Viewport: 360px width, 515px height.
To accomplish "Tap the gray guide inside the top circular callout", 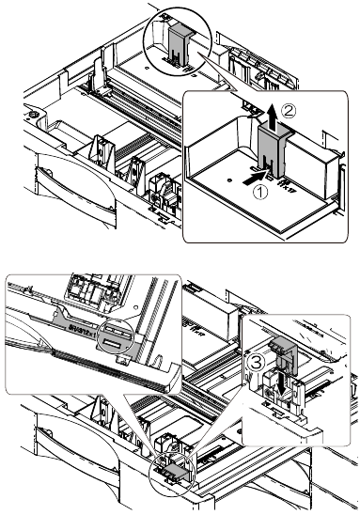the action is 182,45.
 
